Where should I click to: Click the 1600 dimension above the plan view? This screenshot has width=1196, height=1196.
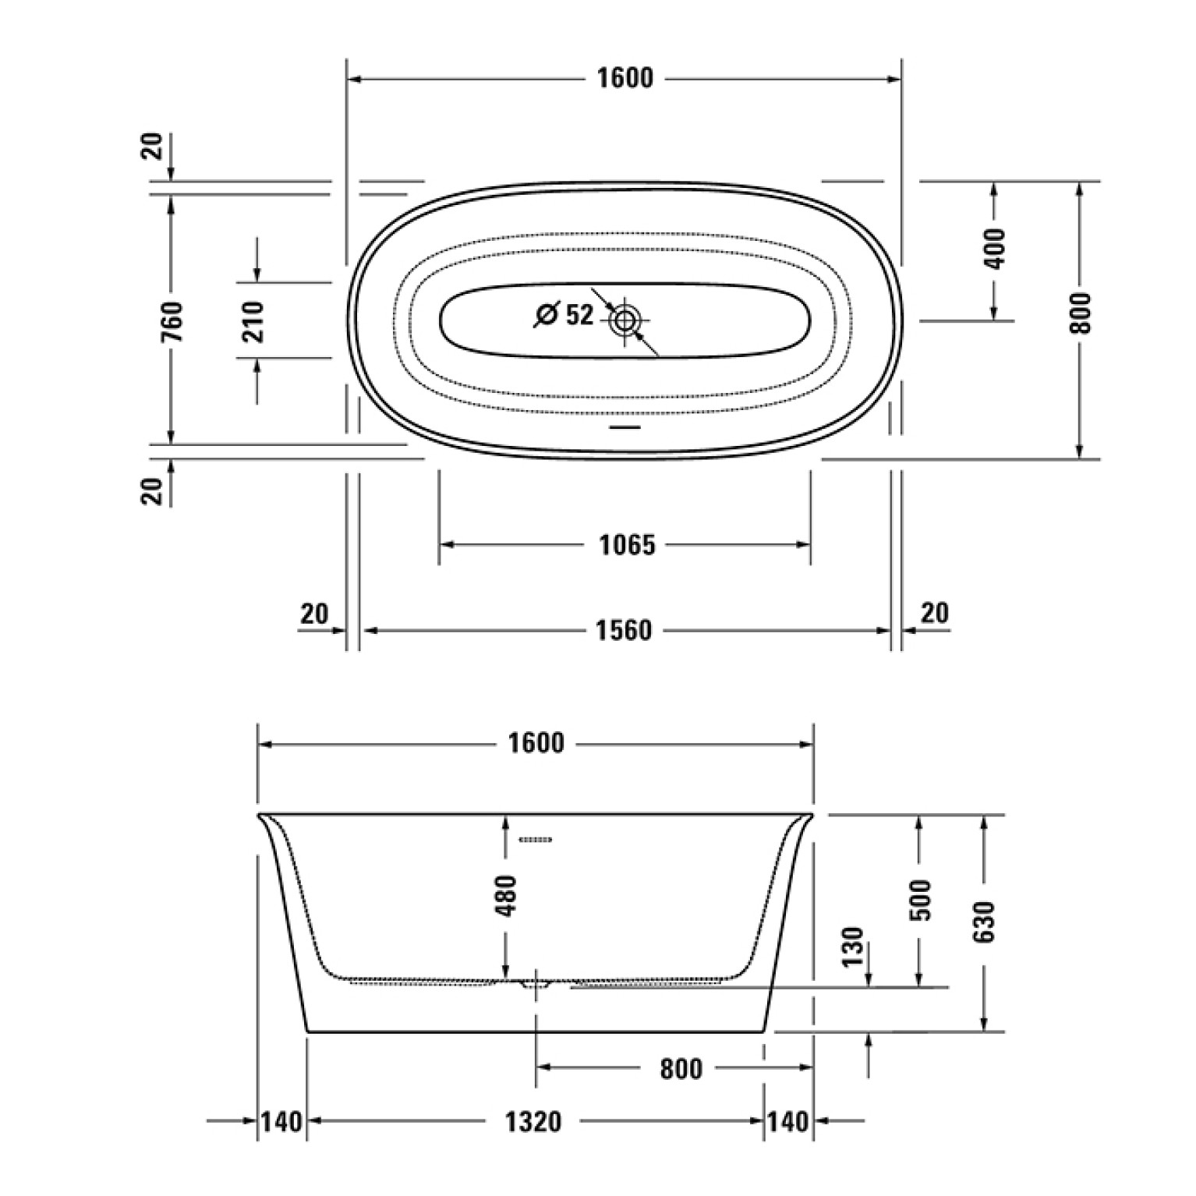[x=624, y=78]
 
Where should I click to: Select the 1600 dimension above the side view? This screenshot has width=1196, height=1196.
[x=536, y=744]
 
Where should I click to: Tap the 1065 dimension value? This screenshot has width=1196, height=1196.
[x=627, y=545]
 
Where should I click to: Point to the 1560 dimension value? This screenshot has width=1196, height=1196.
[x=623, y=630]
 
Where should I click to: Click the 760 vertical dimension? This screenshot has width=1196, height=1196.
[x=172, y=321]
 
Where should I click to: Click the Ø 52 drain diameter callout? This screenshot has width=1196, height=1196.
[x=564, y=315]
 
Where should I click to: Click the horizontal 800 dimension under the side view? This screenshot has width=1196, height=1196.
[x=681, y=1068]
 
